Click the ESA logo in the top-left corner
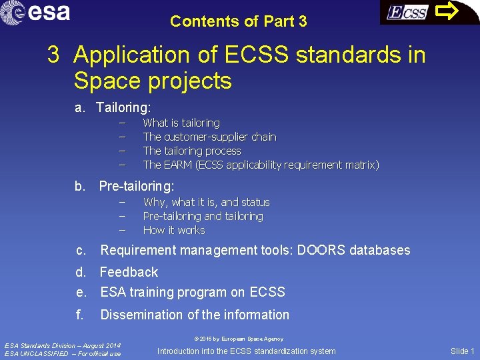[x=36, y=12]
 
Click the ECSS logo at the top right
[x=407, y=13]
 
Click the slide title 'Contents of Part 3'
[x=239, y=21]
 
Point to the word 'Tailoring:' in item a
[x=123, y=107]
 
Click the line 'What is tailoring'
[x=181, y=123]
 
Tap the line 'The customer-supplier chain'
[x=209, y=137]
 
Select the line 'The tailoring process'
[x=192, y=151]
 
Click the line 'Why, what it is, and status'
[x=206, y=202]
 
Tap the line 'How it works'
[x=174, y=230]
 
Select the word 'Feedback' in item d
[x=129, y=272]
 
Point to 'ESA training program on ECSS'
[x=192, y=292]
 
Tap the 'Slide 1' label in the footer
[x=463, y=351]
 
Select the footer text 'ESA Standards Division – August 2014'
[x=63, y=345]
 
